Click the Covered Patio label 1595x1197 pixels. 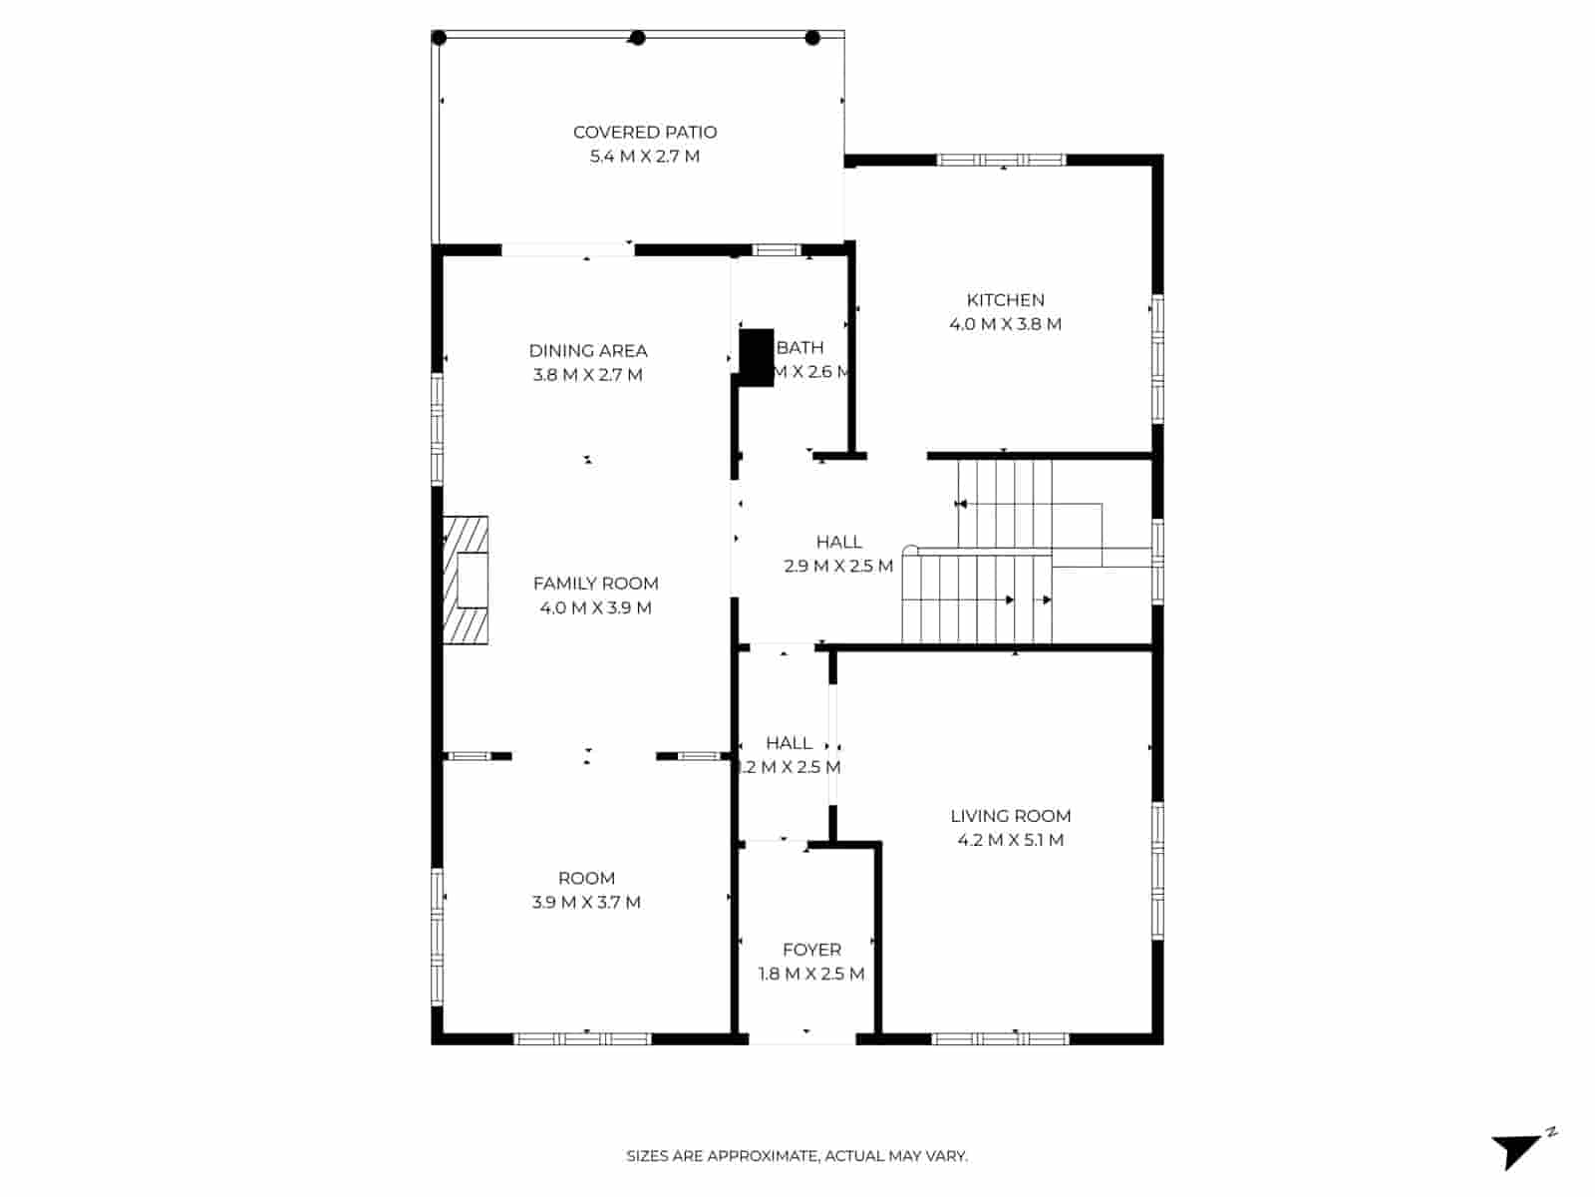tap(644, 132)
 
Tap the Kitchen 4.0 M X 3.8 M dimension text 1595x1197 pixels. tap(1005, 324)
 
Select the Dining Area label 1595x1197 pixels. tap(587, 350)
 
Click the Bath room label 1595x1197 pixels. tap(799, 347)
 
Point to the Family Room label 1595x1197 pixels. tap(595, 584)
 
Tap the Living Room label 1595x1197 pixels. tap(1010, 816)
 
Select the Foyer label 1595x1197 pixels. tap(811, 950)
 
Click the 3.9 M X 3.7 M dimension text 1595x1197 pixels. tap(586, 903)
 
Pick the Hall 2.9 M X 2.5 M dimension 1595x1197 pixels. tap(838, 567)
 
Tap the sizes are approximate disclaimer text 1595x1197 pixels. tap(797, 1156)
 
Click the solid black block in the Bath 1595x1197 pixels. tap(757, 356)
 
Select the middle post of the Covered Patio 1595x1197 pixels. tap(638, 39)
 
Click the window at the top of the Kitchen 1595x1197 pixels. tap(1002, 160)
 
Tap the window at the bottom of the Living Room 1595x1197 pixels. tap(1000, 1038)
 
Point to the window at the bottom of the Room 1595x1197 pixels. tap(582, 1038)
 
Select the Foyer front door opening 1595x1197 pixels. tap(802, 1038)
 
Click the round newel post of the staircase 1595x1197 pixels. tap(909, 551)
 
